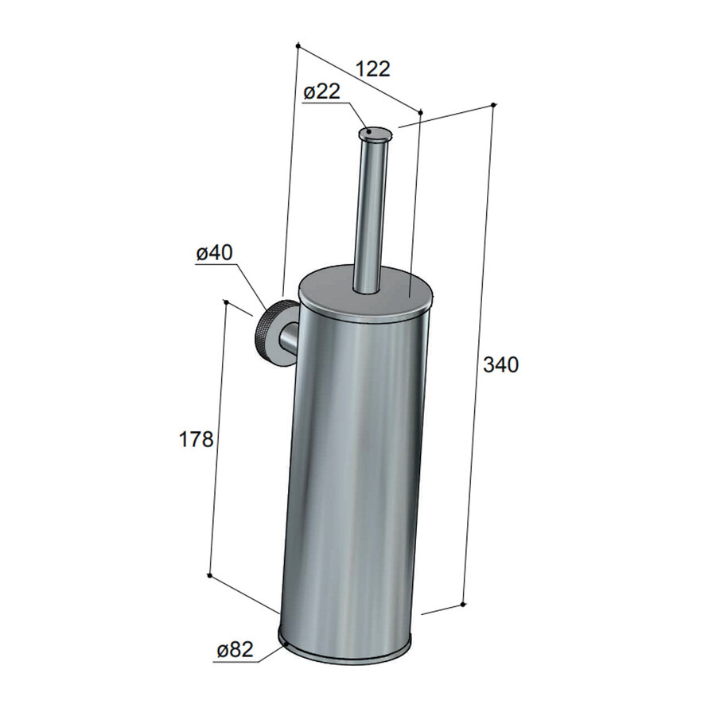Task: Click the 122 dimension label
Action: tap(372, 68)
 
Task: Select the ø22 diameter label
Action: tap(321, 91)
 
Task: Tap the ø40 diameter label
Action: tap(213, 253)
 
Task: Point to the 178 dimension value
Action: tap(196, 438)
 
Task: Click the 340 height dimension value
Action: tap(500, 365)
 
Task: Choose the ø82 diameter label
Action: tap(234, 650)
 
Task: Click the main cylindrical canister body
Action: tap(350, 477)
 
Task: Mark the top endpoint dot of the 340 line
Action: tap(494, 105)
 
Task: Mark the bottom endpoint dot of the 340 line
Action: tap(463, 605)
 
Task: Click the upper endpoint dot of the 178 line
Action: tap(227, 302)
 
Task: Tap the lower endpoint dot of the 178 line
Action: tap(209, 574)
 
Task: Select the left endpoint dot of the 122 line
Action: tap(297, 45)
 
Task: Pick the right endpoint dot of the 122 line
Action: tap(419, 112)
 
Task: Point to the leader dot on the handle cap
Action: tap(368, 130)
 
